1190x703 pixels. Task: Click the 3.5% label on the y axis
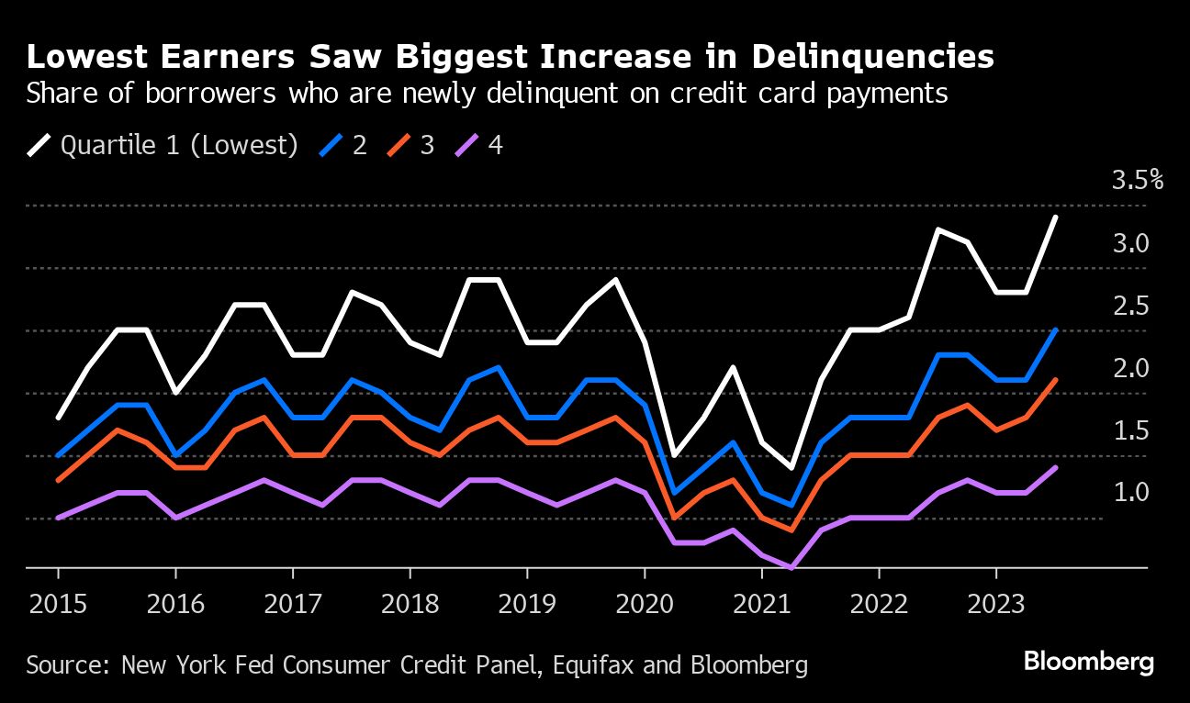pos(1138,180)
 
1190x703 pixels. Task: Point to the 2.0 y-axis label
pos(1131,368)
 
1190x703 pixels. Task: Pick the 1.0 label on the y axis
pos(1131,493)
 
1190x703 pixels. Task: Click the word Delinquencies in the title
pos(871,57)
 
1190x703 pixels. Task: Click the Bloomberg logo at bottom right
pos(1088,663)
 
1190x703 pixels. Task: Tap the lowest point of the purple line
pos(791,567)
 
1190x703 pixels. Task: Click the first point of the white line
pos(58,418)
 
